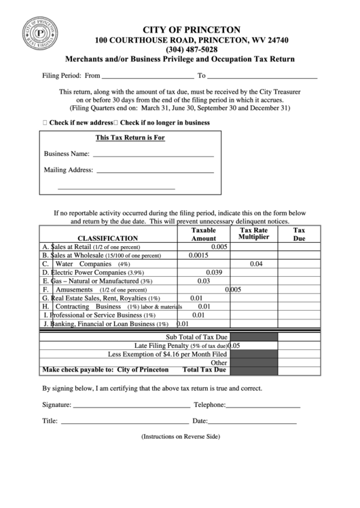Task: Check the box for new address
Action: [45, 123]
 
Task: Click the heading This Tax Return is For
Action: [130, 138]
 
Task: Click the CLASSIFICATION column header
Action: [107, 239]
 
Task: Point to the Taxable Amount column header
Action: [203, 235]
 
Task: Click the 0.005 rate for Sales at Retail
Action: [219, 247]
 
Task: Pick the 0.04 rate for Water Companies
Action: [256, 264]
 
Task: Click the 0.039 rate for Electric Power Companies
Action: [214, 272]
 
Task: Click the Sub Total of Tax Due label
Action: [197, 337]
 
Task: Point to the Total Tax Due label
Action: [204, 370]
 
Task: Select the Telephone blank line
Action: [263, 406]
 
